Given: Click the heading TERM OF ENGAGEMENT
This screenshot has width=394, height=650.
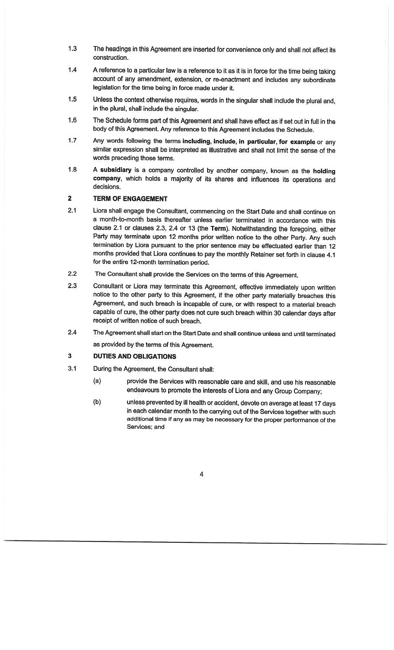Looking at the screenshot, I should point(130,199).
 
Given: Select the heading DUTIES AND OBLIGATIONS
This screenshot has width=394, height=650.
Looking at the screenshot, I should point(135,357).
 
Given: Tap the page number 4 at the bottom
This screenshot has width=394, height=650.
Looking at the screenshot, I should point(201,475).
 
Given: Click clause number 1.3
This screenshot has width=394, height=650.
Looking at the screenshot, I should point(72,49).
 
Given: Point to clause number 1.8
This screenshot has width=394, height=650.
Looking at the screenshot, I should point(72,170).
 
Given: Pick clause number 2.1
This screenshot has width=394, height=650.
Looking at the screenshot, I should point(72,210).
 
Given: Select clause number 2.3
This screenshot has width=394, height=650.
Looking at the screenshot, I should point(72,286).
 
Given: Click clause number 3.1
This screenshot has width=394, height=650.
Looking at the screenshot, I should point(72,368).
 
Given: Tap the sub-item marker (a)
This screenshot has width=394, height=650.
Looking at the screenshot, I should point(97,381).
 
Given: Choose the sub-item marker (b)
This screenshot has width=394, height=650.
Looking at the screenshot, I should point(97,402).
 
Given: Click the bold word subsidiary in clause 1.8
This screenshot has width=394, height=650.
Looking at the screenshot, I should point(116,170).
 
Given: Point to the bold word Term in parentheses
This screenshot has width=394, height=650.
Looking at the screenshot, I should point(218,229).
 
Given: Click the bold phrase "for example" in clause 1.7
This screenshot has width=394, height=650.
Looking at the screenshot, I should point(297,142).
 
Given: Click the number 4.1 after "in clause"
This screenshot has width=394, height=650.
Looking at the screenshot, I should point(330,255).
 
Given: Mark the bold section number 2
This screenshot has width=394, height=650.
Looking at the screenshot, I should point(70,199).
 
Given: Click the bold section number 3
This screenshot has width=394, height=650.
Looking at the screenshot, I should point(70,356).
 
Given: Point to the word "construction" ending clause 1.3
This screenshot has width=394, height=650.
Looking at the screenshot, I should point(111,58).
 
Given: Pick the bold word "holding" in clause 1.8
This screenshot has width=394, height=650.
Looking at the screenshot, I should point(324,171).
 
